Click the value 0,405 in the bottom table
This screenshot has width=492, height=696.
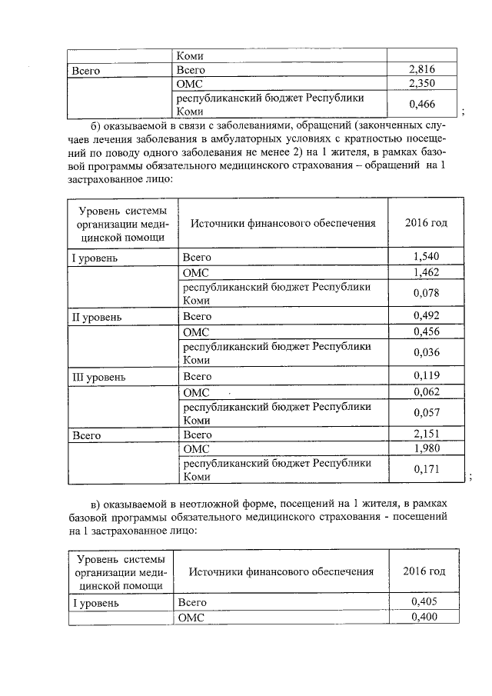(424, 602)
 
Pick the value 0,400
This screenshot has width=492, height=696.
(424, 617)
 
